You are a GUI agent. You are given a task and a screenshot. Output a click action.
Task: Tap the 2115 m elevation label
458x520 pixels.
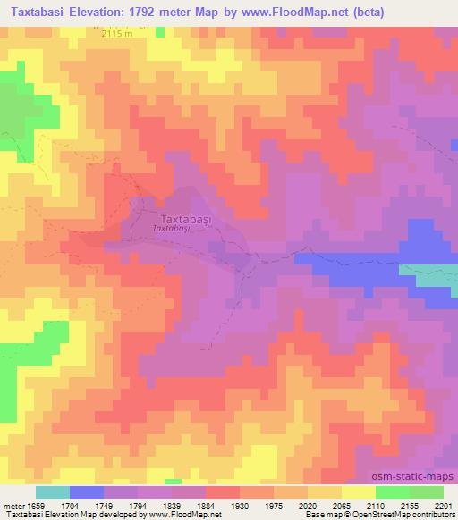[119, 34]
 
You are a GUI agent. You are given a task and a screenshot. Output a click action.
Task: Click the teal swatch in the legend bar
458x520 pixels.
[52, 492]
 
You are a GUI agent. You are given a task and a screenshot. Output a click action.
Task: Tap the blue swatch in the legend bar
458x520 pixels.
[86, 492]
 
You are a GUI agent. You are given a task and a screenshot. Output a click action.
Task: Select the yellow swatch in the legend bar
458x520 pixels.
[359, 492]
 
